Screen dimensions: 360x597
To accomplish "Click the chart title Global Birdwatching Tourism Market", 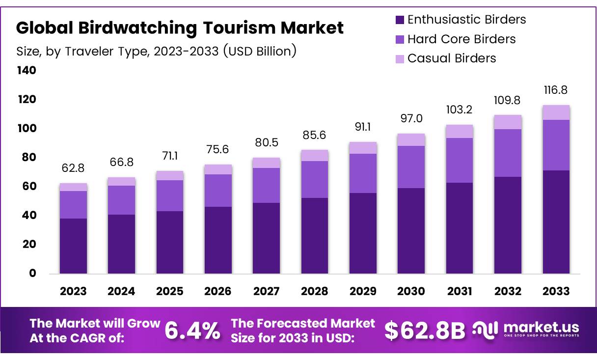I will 180,28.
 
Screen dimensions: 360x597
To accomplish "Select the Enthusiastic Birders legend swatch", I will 400,20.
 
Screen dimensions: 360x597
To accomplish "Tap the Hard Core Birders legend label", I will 461,39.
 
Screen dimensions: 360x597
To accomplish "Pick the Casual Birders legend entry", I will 451,58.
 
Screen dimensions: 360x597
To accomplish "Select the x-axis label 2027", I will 266,291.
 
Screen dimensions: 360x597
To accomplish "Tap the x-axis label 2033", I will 556,291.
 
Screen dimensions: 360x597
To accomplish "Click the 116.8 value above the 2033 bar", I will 556,90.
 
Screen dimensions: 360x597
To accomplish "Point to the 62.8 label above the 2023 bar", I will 73,168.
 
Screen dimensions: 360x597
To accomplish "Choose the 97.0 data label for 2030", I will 411,118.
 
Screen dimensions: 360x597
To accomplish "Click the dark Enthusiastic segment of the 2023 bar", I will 73,246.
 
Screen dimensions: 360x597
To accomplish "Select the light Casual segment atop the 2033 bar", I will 556,112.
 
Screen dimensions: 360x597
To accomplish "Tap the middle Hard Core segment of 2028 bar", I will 315,179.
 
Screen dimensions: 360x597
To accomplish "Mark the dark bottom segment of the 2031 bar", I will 460,228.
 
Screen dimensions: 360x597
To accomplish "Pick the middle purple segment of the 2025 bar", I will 170,195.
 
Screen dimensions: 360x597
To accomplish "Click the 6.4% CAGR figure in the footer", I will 192,331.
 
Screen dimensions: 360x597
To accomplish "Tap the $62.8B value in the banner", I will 424,331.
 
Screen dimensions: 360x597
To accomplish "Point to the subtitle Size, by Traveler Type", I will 156,51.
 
